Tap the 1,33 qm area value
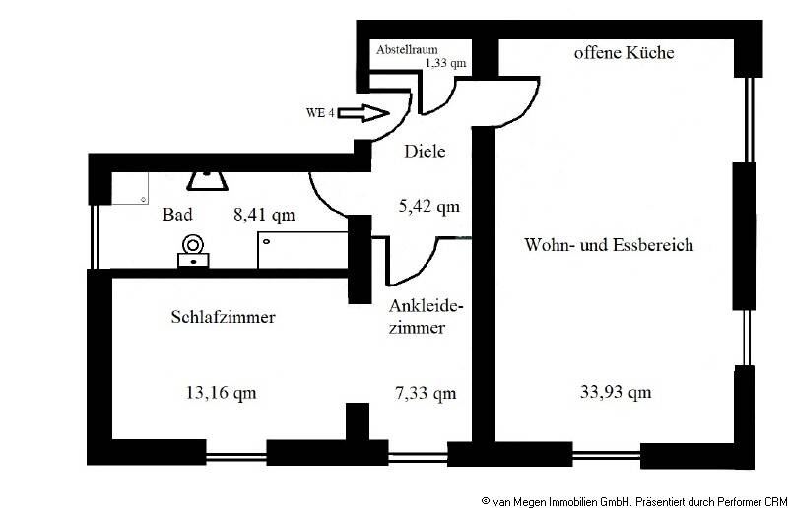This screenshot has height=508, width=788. tap(444, 63)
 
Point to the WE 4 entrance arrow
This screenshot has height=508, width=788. tap(365, 114)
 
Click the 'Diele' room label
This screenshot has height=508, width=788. tap(425, 152)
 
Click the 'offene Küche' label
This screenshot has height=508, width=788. tap(624, 53)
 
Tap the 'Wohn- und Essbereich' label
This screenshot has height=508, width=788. tap(609, 244)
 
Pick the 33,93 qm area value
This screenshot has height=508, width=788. tap(615, 392)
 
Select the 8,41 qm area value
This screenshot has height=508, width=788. tap(264, 212)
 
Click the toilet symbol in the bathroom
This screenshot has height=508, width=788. tap(193, 252)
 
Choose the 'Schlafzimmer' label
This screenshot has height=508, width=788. tap(223, 317)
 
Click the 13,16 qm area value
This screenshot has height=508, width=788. tap(221, 392)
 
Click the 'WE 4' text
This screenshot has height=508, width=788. tap(322, 113)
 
